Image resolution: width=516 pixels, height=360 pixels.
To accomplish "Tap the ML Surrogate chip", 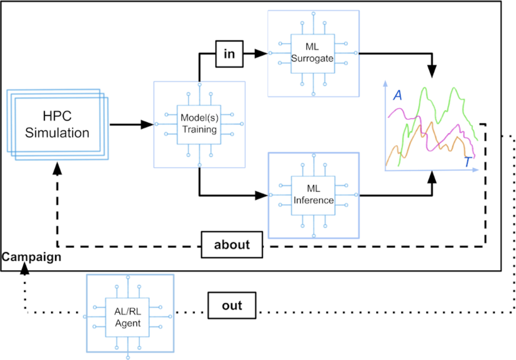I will point(313,53).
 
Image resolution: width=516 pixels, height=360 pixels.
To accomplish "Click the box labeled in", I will point(229,53).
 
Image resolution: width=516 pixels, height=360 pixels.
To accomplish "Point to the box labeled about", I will point(232,245).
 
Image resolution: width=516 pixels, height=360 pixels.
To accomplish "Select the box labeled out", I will point(232,305).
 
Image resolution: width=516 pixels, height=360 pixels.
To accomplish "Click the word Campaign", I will point(31,257).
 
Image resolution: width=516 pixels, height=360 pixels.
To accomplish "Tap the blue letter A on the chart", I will point(398,96).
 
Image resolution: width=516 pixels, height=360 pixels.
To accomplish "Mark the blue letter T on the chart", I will point(468,163).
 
